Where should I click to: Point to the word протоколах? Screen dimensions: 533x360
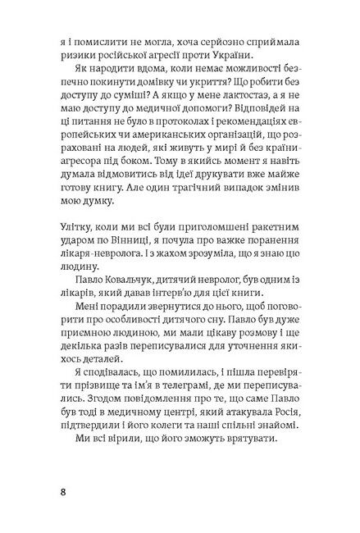click(x=169, y=139)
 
